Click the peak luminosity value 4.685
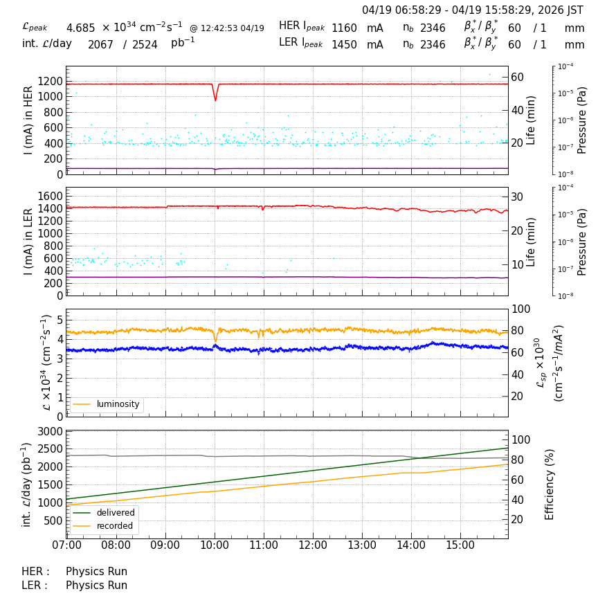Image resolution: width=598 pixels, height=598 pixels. [80, 28]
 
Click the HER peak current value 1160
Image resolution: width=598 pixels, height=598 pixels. [344, 28]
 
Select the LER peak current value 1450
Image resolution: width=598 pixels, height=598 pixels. [344, 44]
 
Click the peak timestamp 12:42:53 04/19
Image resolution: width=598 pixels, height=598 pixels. [227, 28]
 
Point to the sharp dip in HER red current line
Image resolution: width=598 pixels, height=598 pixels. [215, 99]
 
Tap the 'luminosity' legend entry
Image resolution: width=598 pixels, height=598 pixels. [118, 404]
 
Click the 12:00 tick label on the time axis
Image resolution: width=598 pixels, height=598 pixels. [313, 545]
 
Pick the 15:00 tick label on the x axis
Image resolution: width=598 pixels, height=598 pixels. [460, 545]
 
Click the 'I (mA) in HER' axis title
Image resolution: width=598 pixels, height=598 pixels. [28, 120]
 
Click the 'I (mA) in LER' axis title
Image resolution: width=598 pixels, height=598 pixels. [28, 241]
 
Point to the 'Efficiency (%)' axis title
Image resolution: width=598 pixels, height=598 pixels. [550, 484]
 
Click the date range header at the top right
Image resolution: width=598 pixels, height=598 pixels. [473, 10]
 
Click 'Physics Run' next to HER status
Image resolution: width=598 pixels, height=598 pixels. [96, 572]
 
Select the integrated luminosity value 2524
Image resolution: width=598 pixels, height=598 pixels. [145, 45]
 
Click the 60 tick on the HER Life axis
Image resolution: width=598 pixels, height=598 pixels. [518, 76]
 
